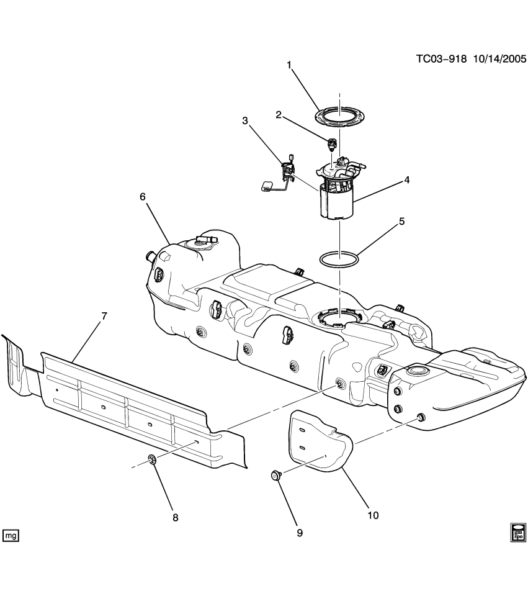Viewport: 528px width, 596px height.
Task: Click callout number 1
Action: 289,64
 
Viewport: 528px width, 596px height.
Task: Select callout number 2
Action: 279,114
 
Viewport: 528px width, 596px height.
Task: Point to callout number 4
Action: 407,180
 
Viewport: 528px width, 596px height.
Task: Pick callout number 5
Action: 401,221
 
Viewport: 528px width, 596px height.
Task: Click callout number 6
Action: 142,196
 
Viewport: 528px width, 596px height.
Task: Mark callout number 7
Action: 104,315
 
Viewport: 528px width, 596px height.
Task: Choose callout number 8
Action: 175,517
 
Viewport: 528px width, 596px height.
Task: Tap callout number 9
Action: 300,533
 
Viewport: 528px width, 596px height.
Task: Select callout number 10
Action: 372,515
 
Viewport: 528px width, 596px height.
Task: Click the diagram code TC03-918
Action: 441,59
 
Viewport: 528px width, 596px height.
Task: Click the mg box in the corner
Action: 11,535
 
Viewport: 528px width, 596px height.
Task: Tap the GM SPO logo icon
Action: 518,532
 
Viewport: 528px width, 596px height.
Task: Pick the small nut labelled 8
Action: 151,459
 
